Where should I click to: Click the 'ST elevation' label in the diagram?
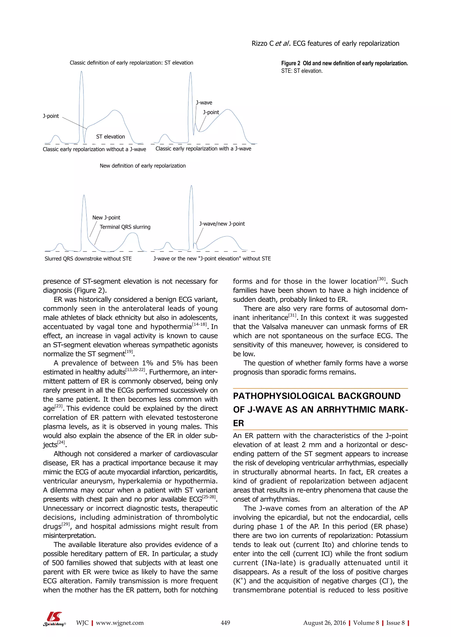click(111, 137)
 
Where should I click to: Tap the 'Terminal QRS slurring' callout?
click(125, 227)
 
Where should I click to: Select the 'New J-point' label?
click(106, 218)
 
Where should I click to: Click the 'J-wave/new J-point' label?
click(222, 224)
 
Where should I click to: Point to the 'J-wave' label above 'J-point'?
click(204, 103)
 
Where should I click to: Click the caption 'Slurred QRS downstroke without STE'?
click(88, 259)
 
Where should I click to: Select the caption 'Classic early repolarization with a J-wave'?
click(203, 149)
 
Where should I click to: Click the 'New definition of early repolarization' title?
click(143, 166)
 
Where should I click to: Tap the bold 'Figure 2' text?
click(290, 63)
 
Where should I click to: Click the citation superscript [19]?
click(129, 351)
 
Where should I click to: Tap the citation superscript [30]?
click(381, 279)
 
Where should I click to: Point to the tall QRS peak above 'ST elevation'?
click(81, 73)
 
